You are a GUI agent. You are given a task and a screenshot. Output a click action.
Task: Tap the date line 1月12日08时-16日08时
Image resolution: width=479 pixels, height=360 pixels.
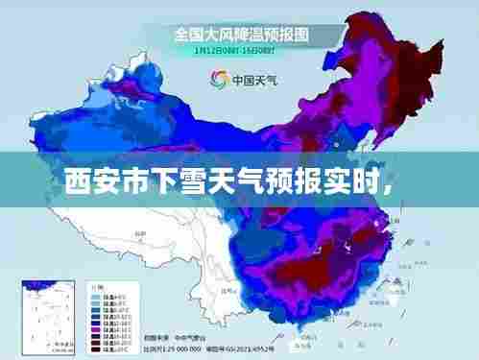click(x=239, y=50)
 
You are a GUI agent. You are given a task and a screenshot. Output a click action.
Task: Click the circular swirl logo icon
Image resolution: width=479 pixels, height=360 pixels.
click(x=218, y=80)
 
